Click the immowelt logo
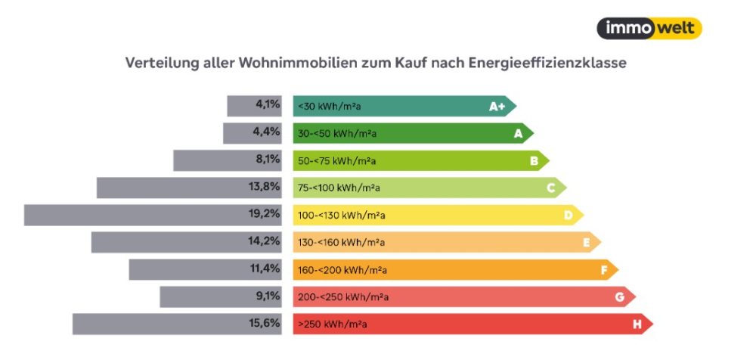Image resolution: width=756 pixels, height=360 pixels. coord(649,29)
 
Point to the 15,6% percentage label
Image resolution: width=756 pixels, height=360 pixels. coord(268,323)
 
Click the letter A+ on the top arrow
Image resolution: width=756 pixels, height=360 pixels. coord(497,107)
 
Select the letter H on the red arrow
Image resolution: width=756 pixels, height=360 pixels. coord(637,324)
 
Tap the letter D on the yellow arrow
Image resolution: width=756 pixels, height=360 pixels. coord(568,216)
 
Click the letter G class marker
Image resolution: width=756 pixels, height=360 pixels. coord(619,297)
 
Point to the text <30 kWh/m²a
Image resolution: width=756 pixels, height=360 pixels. coord(328,107)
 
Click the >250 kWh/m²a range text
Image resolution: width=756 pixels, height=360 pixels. coord(333,324)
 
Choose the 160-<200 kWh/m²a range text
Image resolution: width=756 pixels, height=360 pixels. coord(342,270)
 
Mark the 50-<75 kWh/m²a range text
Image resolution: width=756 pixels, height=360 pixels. coord(337,161)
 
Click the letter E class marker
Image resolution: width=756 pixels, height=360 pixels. coord(586,243)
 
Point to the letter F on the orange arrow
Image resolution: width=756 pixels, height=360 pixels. coord(603,270)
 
